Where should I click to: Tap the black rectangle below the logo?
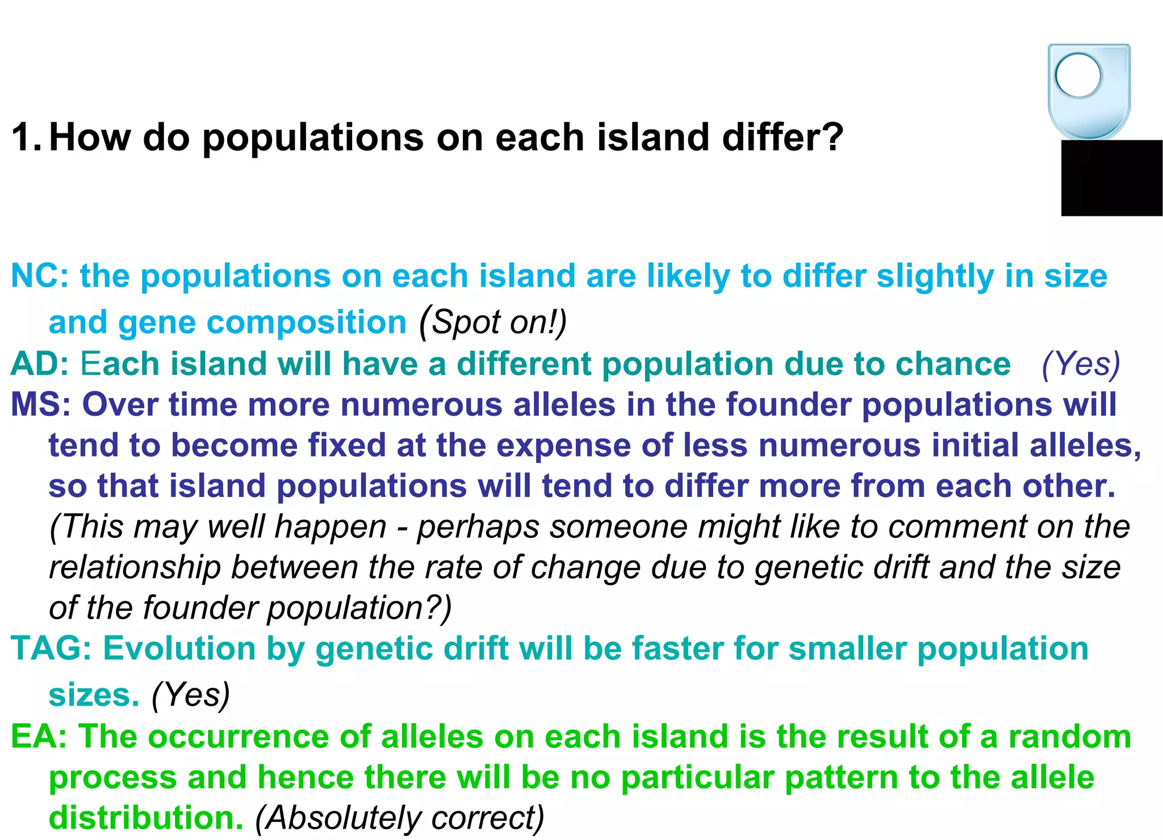(x=1111, y=178)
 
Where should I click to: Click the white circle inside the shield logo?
(x=1078, y=75)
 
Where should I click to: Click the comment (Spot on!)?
(x=493, y=323)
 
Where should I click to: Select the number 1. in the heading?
(x=26, y=137)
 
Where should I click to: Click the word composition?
(x=307, y=323)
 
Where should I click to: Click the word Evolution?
(x=179, y=649)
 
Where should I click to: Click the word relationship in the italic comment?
(x=135, y=567)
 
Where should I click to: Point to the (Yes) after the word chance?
(x=1081, y=364)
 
